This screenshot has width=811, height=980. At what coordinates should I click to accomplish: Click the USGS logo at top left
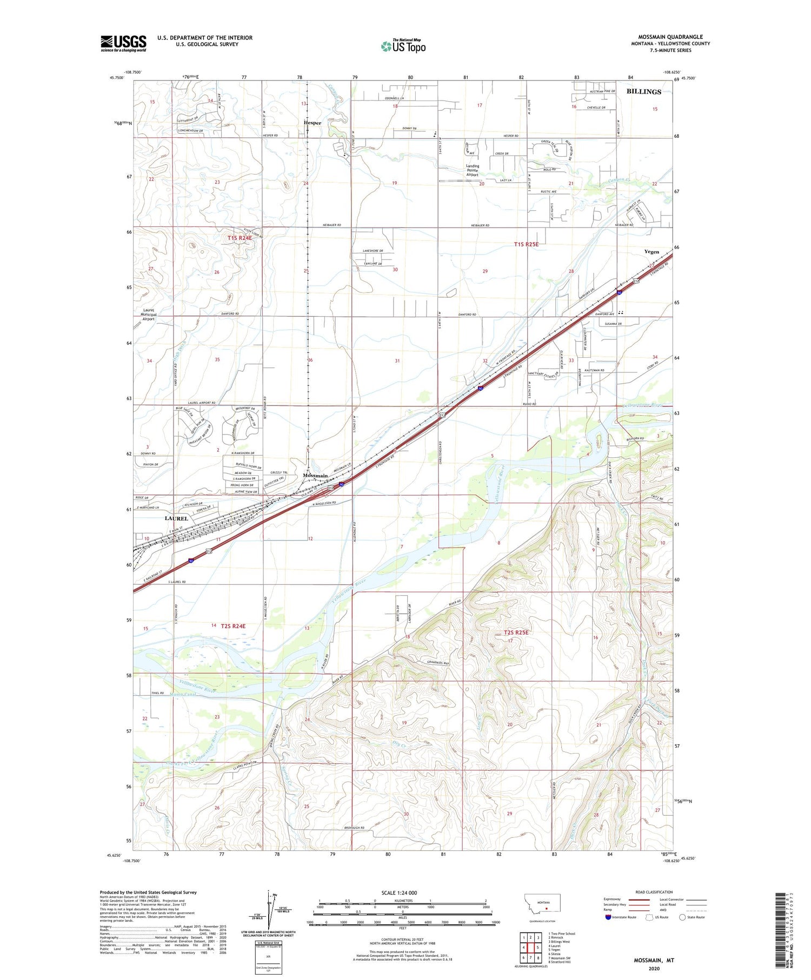click(x=123, y=43)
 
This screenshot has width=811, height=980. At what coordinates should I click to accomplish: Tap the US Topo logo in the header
click(x=403, y=46)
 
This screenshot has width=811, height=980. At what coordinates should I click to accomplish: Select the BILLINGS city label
click(x=643, y=92)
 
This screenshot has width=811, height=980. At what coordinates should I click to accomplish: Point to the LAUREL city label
click(x=176, y=518)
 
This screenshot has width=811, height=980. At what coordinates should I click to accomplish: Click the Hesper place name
click(x=312, y=123)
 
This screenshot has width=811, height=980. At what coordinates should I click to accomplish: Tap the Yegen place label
click(x=652, y=252)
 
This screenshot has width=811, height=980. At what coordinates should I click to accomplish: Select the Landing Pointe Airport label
click(x=472, y=171)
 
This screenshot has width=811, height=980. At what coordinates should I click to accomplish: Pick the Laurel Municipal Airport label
click(x=148, y=315)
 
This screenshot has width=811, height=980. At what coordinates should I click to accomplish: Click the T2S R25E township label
click(x=516, y=632)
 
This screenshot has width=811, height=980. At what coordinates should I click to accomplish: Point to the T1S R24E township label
click(x=240, y=238)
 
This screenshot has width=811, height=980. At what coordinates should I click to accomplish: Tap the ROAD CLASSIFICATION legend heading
click(x=654, y=892)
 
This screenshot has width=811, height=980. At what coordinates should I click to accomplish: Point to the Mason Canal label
click(x=182, y=695)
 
